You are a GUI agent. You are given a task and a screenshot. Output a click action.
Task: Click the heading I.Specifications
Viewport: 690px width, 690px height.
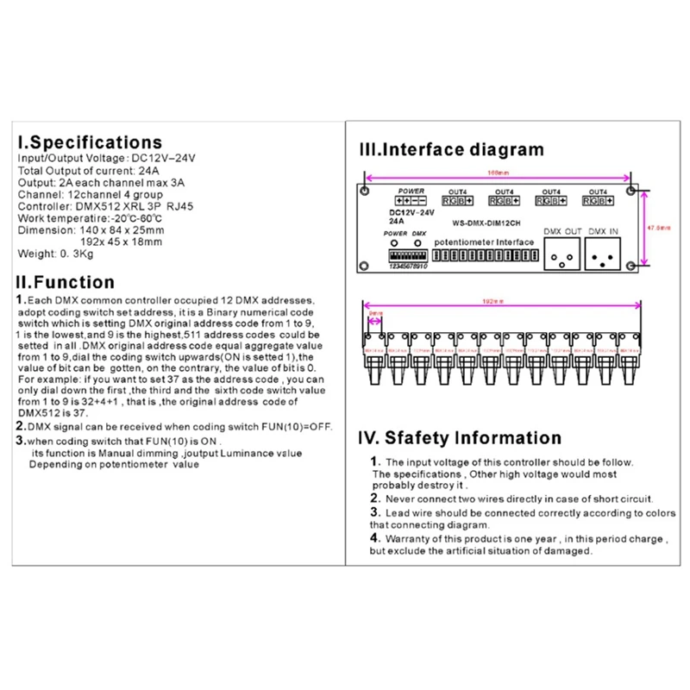[89, 141]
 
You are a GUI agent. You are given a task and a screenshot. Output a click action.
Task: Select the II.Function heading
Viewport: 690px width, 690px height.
[65, 282]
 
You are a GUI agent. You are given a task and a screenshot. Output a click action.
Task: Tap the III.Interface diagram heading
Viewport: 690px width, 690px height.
[451, 148]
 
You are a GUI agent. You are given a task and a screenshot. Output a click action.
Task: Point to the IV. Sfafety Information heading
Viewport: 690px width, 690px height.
[460, 438]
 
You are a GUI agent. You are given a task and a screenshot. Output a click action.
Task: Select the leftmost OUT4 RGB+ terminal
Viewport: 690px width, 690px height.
[456, 201]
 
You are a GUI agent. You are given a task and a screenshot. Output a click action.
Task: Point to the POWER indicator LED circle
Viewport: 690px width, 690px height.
[393, 244]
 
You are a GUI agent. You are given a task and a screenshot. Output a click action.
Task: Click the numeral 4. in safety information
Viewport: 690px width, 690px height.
[374, 537]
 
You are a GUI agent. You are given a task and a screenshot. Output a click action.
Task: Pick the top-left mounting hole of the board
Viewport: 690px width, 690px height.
[367, 191]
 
